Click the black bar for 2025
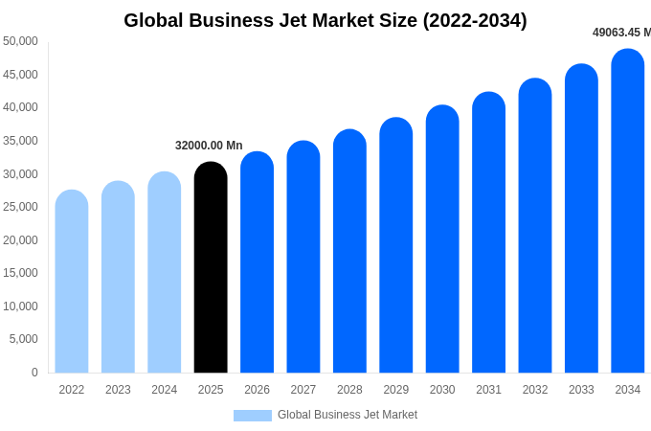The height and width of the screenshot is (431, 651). click(x=211, y=268)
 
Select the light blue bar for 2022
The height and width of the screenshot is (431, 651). click(x=72, y=282)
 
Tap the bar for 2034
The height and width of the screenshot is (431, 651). click(x=628, y=211)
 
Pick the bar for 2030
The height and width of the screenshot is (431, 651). click(x=442, y=239)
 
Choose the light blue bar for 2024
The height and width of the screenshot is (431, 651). click(x=165, y=273)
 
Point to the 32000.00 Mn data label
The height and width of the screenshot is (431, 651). click(x=209, y=146)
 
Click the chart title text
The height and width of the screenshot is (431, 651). click(x=325, y=20)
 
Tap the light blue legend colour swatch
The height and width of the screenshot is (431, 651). click(x=253, y=416)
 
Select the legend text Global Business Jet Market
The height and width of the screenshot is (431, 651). click(x=348, y=416)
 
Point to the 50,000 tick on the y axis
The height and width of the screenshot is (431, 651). click(x=21, y=41)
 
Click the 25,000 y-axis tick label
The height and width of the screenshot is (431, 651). click(x=21, y=207)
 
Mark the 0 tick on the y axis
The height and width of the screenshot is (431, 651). click(x=34, y=373)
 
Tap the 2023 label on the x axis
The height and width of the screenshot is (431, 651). click(x=118, y=390)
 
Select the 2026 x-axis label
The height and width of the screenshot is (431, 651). click(x=257, y=390)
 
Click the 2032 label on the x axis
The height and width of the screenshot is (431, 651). click(x=535, y=390)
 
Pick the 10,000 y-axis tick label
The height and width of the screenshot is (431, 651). click(x=21, y=306)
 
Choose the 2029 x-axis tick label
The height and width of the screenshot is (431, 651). click(x=396, y=390)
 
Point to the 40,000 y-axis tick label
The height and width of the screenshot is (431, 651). click(x=21, y=107)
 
